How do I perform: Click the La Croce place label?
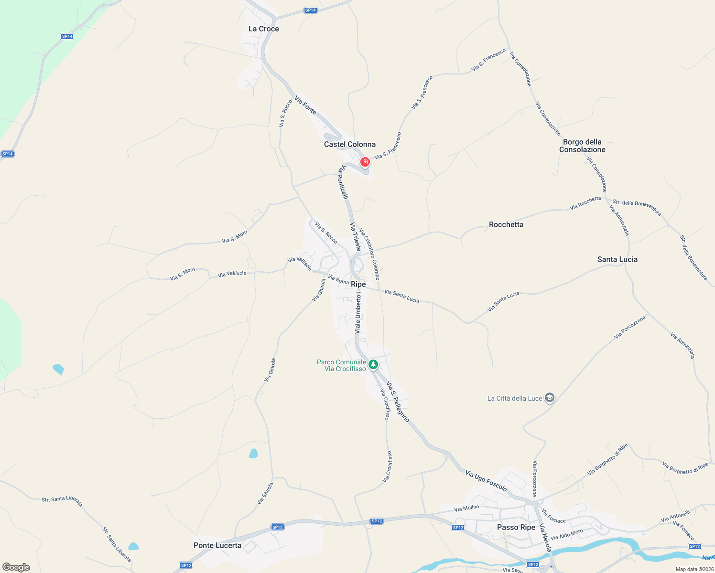263,29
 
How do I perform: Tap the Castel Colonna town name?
349,144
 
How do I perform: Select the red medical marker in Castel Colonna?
365,162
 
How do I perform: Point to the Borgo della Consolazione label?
582,146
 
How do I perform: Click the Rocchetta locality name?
506,224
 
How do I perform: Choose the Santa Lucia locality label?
617,259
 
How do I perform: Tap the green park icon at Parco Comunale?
373,365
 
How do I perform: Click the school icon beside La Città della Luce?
550,398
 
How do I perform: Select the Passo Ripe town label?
516,527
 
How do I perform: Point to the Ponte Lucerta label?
217,545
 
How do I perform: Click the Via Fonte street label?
305,106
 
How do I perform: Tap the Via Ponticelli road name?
343,182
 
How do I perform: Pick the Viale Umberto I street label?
358,312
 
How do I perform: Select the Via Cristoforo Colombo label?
369,254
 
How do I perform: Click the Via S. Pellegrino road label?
398,402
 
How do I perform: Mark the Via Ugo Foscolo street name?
486,480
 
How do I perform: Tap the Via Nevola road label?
545,538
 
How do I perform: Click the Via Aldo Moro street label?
566,534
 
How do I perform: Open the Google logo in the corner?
16,567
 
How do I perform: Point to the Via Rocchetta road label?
585,203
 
